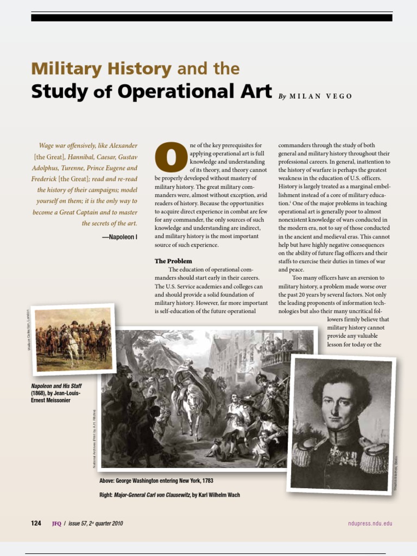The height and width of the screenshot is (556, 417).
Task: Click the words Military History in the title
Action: tap(101, 69)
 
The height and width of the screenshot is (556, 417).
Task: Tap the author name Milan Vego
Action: tap(321, 96)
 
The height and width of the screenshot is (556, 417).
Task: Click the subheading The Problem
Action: tap(173, 261)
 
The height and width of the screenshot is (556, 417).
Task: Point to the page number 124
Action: tap(36, 523)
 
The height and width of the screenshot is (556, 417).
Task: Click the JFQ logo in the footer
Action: tap(56, 523)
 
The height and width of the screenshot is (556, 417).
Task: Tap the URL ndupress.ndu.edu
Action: tap(370, 523)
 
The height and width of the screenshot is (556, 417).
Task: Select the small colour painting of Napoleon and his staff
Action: tap(73, 339)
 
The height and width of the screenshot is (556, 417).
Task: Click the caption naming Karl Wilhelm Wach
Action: tap(169, 495)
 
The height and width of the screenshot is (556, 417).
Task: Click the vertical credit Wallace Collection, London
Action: tap(28, 328)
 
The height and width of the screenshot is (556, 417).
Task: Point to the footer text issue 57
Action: tap(95, 523)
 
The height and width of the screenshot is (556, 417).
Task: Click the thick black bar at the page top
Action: tap(211, 17)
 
